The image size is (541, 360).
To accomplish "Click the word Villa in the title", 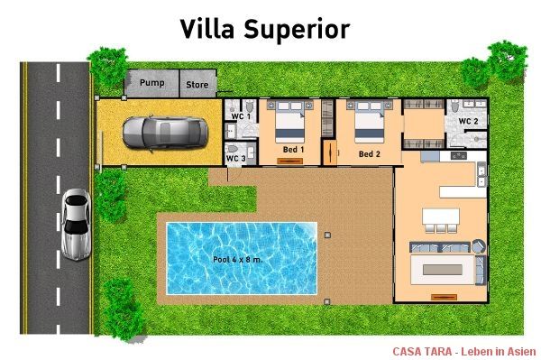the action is tap(207, 29).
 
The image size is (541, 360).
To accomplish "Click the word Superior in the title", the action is tap(297, 31).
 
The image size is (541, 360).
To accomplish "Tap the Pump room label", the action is tap(151, 83).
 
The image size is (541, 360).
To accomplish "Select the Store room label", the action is tap(197, 85).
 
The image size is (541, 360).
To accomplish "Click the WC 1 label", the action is tap(241, 116).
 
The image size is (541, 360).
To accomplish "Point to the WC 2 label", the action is tap(468, 121).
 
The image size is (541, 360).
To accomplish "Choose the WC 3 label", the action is tap(235, 159).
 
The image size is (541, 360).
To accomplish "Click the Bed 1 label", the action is tap(293, 150).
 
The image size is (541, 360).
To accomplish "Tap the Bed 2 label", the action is tap(369, 154).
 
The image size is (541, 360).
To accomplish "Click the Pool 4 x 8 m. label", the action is tap(238, 259).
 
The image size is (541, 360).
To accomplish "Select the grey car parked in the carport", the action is tap(165, 134).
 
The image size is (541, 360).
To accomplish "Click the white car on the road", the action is tap(77, 225).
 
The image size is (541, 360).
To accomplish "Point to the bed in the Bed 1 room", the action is tap(289, 122).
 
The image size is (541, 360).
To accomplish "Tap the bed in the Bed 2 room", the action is tap(369, 122).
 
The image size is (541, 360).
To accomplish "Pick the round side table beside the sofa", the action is tap(479, 246).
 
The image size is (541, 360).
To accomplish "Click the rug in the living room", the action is tap(443, 270).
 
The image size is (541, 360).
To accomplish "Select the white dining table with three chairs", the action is tap(441, 220).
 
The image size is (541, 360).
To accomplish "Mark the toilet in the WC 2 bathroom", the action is tap(455, 106).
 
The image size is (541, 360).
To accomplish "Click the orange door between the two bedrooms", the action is tap(330, 152).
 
